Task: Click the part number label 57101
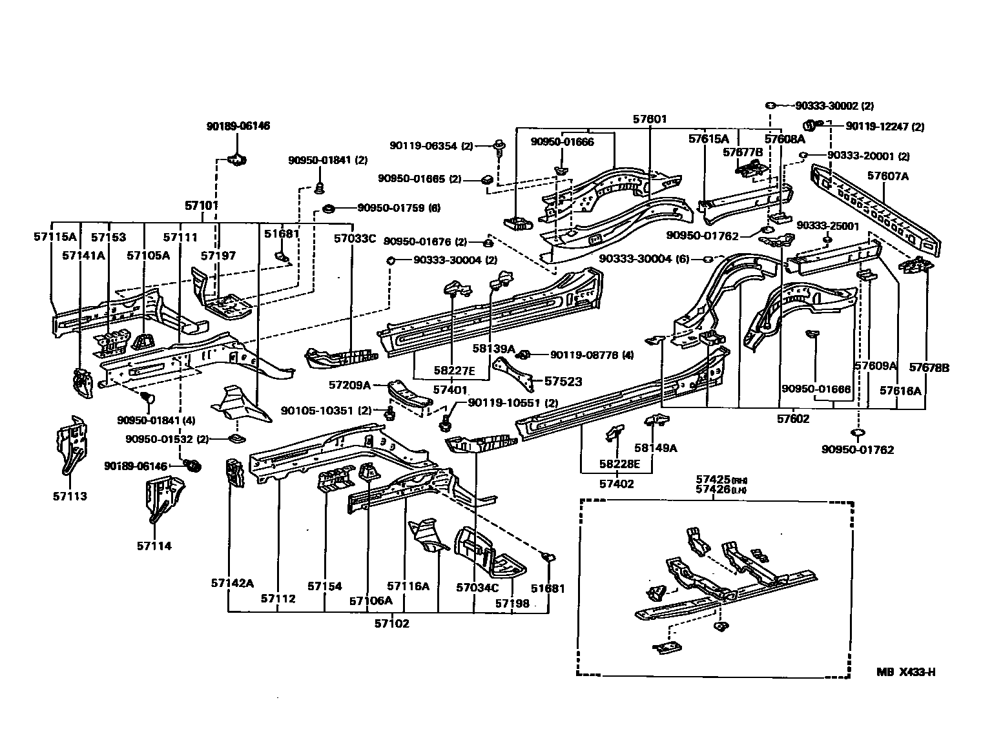click(201, 206)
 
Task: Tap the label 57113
click(70, 496)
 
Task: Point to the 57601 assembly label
click(649, 119)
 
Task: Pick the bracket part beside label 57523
click(515, 375)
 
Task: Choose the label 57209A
click(349, 385)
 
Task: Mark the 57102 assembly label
click(391, 624)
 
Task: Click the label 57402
click(616, 483)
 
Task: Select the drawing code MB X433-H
click(905, 672)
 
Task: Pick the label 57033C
click(355, 238)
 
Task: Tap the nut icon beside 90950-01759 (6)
click(328, 208)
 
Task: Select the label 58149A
click(655, 447)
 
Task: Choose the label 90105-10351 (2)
click(326, 410)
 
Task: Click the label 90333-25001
click(827, 225)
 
